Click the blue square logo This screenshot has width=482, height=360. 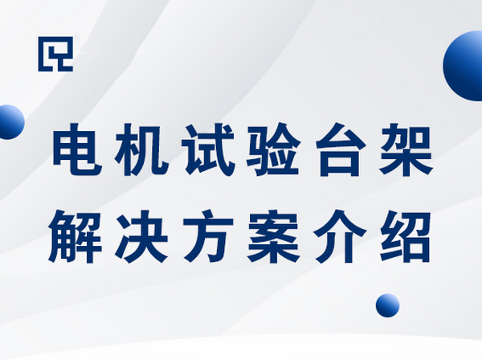[x=55, y=54]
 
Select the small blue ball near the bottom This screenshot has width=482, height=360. [x=387, y=305]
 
